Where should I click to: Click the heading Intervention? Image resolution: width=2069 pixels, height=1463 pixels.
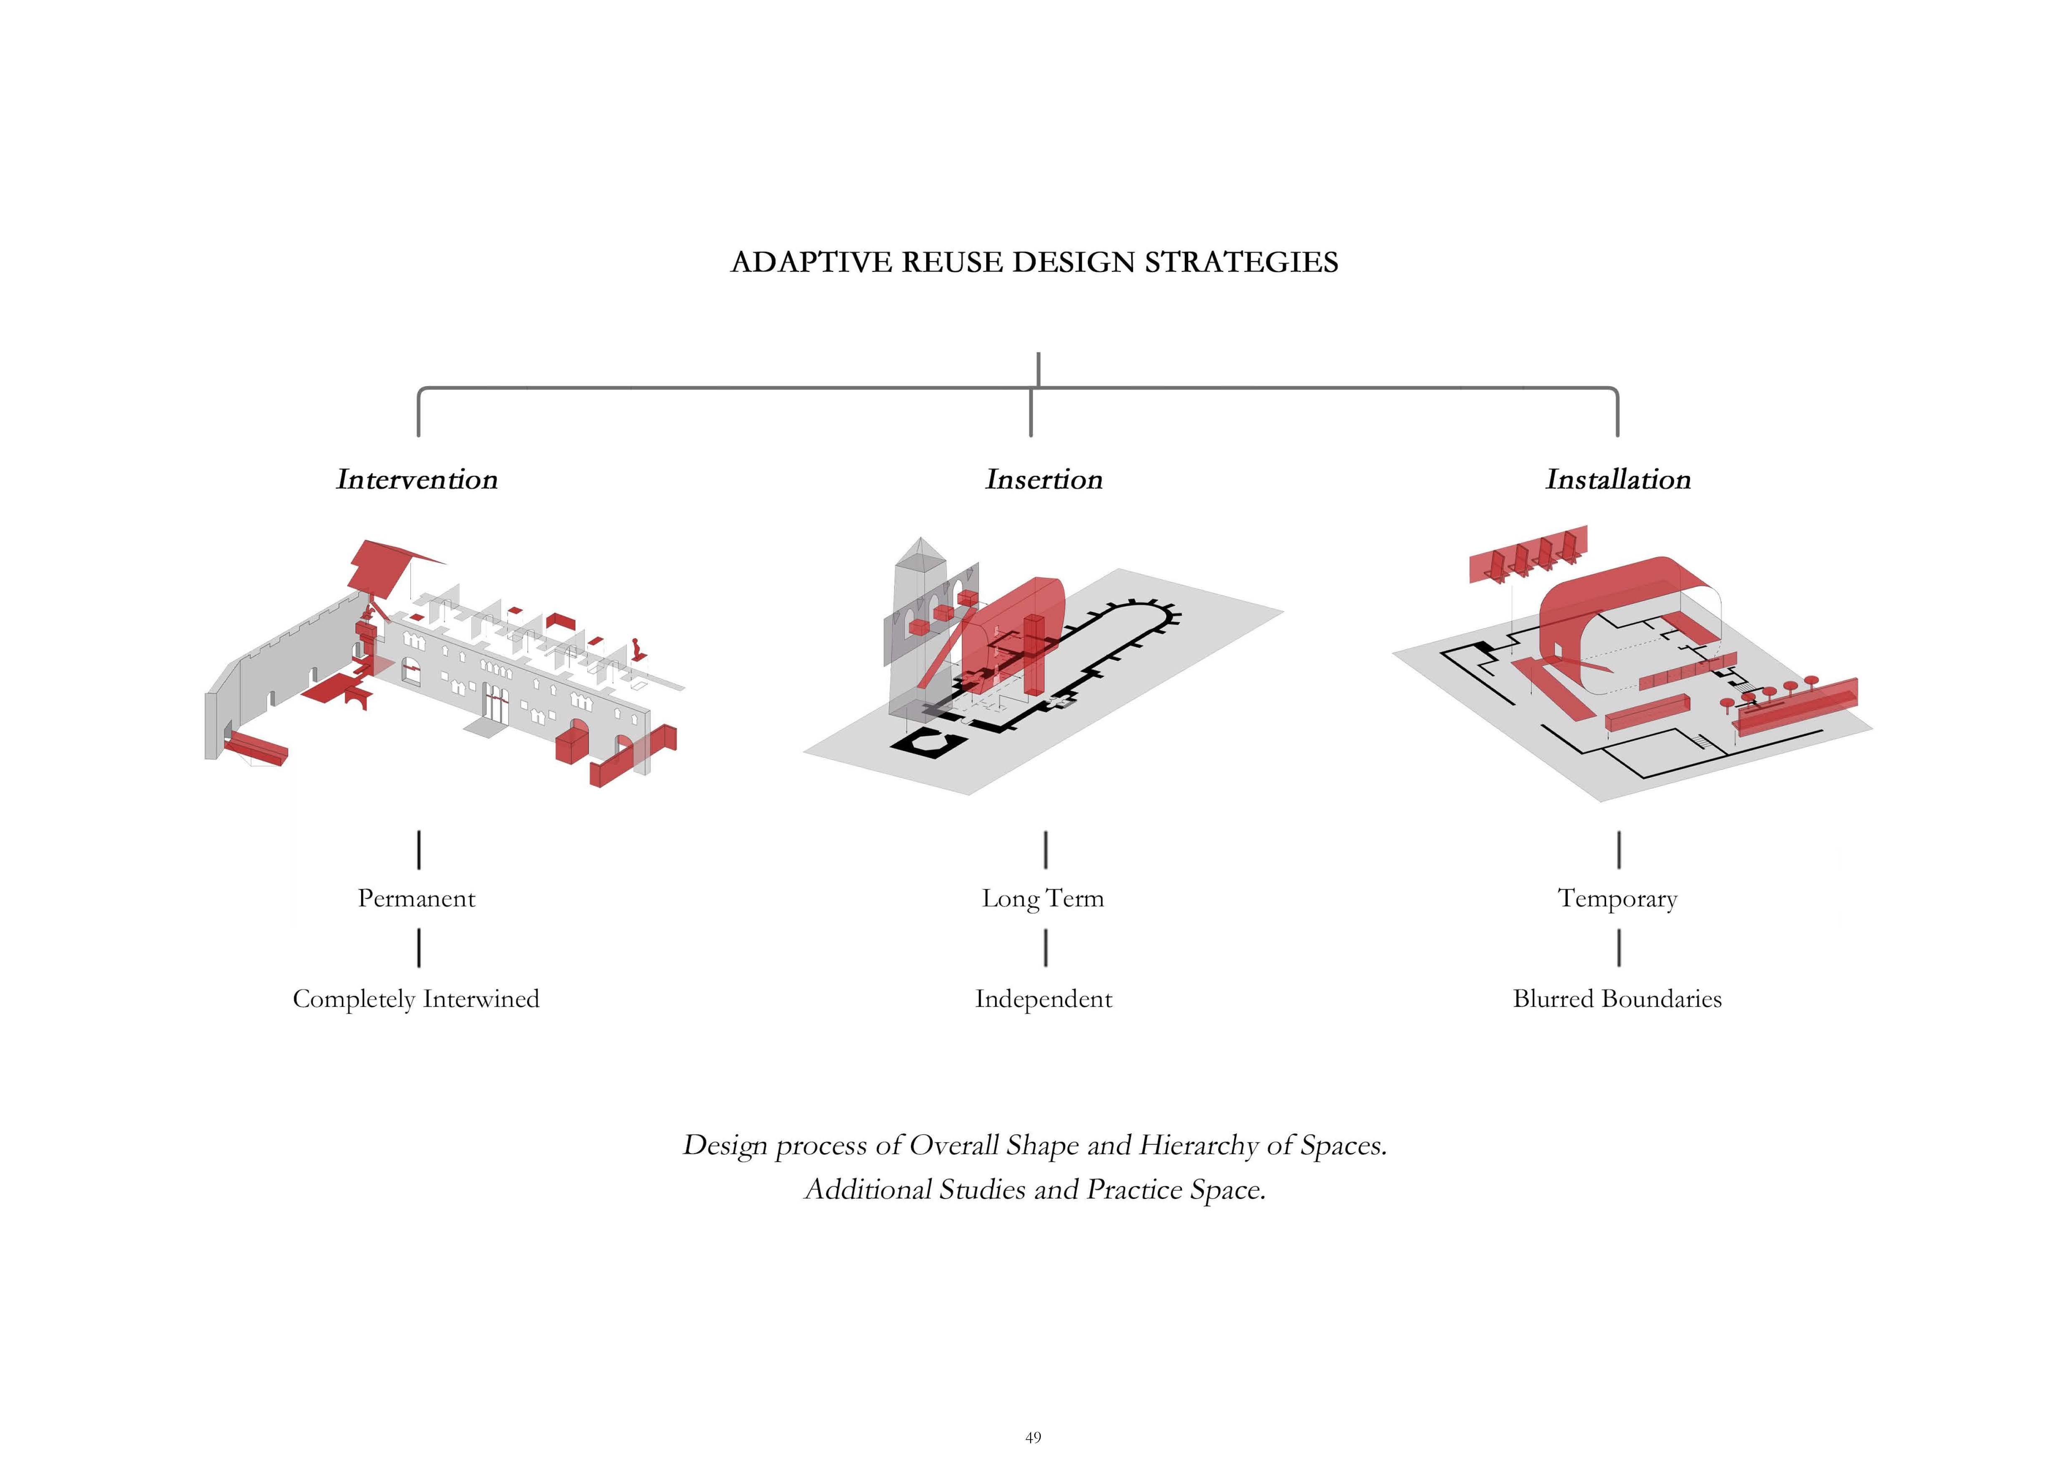tap(416, 479)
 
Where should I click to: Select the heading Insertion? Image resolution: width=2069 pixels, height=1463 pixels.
tap(1043, 479)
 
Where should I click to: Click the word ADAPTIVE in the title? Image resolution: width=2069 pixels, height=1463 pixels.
tap(813, 262)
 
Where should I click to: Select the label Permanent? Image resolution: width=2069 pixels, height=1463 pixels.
tap(416, 898)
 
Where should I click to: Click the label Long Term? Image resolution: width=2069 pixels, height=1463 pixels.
tap(1043, 898)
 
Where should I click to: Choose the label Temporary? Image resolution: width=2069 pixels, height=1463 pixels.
tap(1617, 898)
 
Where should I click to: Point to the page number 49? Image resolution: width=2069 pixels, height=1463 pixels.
tap(1033, 1437)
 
